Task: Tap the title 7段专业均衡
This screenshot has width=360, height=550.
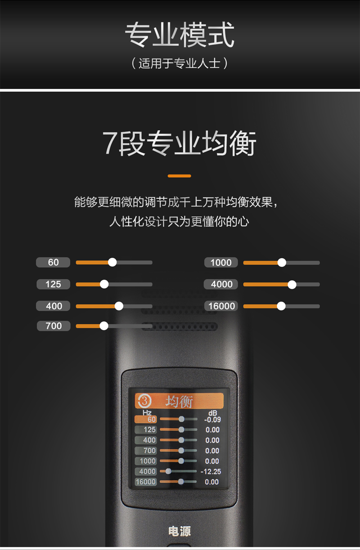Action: pyautogui.click(x=180, y=143)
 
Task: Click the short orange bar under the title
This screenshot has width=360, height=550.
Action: pyautogui.click(x=179, y=176)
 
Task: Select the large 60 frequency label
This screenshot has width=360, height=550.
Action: pyautogui.click(x=53, y=262)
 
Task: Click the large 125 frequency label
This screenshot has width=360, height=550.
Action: pyautogui.click(x=53, y=284)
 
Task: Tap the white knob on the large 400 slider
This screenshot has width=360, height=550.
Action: pyautogui.click(x=119, y=306)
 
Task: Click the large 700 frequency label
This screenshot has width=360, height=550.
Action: pyautogui.click(x=54, y=326)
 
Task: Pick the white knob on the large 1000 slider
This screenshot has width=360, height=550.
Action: pyautogui.click(x=282, y=263)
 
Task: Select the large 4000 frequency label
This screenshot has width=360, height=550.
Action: pyautogui.click(x=221, y=284)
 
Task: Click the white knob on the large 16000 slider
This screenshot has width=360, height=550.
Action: pyautogui.click(x=281, y=306)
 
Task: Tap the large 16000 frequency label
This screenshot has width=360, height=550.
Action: pyautogui.click(x=221, y=306)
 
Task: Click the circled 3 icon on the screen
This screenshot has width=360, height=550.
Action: pyautogui.click(x=144, y=400)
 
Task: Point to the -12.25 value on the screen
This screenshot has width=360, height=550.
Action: pyautogui.click(x=211, y=471)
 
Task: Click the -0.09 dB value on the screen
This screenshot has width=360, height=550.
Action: pyautogui.click(x=211, y=420)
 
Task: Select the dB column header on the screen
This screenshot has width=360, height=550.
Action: pyautogui.click(x=212, y=413)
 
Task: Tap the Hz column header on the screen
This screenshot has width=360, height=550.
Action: pyautogui.click(x=147, y=412)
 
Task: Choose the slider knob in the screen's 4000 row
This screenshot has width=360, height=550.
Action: pyautogui.click(x=168, y=471)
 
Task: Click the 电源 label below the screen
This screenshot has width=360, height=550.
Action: pyautogui.click(x=179, y=532)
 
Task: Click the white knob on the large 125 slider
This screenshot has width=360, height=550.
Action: pyautogui.click(x=104, y=284)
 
